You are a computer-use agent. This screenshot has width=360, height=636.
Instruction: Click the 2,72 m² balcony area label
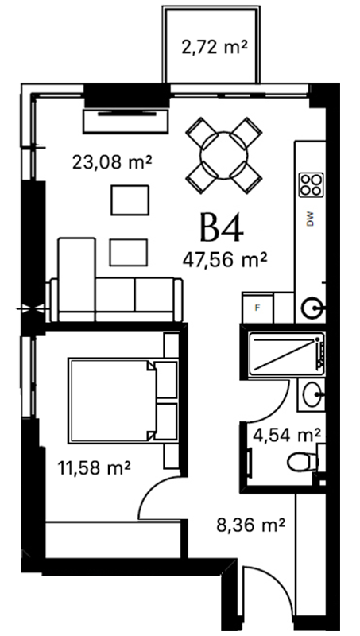tap(214, 48)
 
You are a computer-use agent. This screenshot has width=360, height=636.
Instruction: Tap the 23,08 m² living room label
tap(112, 163)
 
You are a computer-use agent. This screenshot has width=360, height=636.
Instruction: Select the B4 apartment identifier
tap(222, 228)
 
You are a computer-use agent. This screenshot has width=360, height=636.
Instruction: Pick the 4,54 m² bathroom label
tap(287, 436)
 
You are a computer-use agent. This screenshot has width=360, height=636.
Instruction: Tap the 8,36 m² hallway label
tap(250, 525)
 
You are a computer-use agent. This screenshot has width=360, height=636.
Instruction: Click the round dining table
tap(223, 155)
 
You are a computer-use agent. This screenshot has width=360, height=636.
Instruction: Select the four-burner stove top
tap(312, 185)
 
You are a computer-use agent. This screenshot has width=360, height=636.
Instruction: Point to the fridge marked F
tap(257, 308)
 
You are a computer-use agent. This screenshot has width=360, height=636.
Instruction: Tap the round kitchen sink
tap(312, 308)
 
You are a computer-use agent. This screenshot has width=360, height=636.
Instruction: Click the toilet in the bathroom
tap(304, 463)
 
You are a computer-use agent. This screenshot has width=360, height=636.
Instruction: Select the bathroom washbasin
tap(313, 395)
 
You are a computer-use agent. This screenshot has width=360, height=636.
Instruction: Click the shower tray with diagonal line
tap(287, 352)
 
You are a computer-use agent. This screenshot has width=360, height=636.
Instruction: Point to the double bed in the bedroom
tap(124, 401)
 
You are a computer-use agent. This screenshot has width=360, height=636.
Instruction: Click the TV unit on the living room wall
tap(126, 121)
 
